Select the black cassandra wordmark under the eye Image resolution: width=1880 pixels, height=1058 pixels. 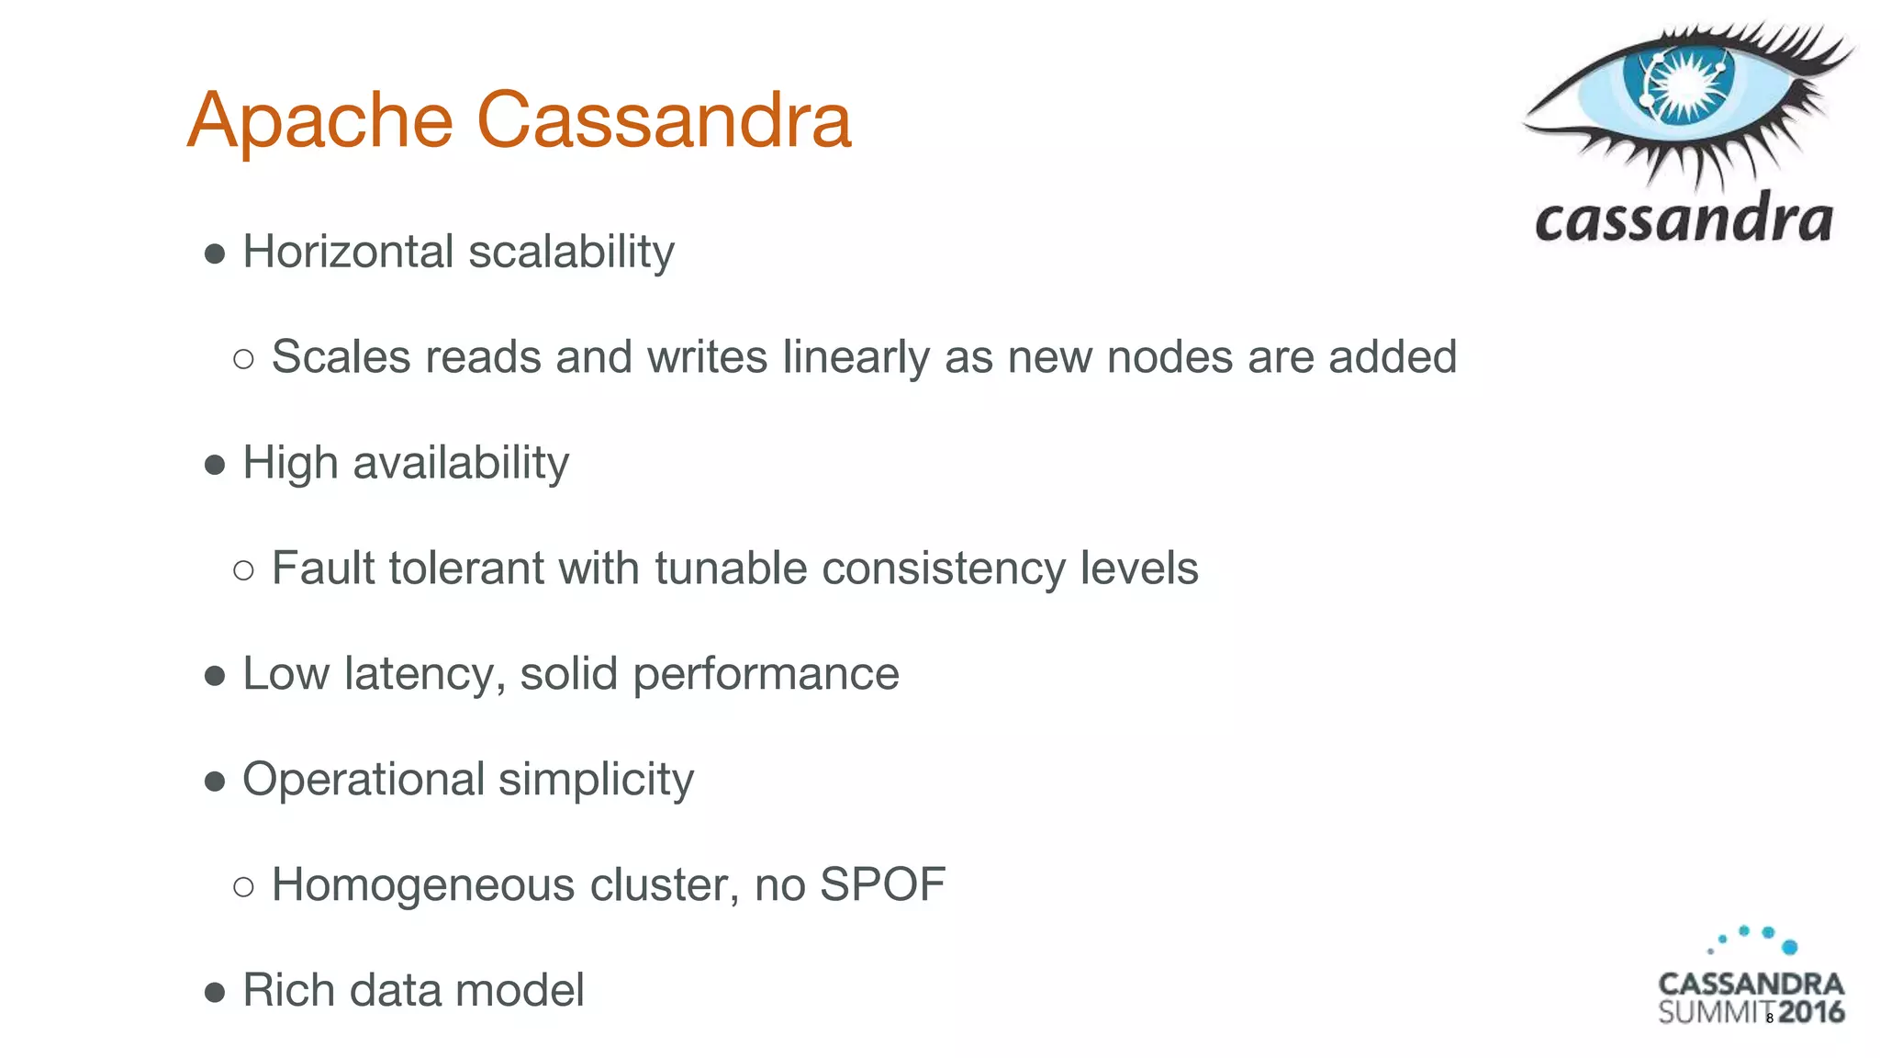(x=1684, y=220)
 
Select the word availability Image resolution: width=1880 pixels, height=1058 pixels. (x=461, y=463)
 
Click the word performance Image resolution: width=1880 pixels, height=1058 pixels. (x=766, y=674)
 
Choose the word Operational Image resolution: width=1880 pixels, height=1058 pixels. (x=363, y=780)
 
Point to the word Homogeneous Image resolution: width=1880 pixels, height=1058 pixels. (x=423, y=885)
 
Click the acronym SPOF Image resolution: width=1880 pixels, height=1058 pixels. (x=882, y=885)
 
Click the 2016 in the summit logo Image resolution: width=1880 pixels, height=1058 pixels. (x=1810, y=1012)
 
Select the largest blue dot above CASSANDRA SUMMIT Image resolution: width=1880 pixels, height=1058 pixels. (x=1789, y=947)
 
